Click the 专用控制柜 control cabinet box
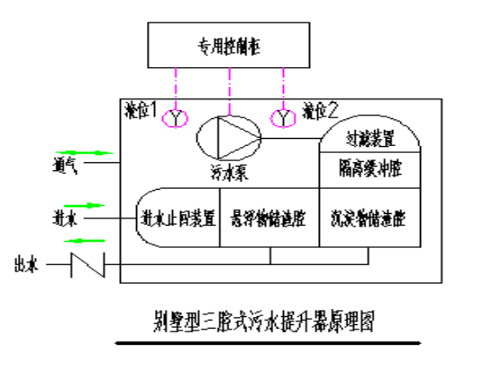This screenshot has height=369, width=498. (229, 47)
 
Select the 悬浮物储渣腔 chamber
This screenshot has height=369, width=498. (268, 217)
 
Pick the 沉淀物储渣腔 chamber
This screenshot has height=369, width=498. (369, 217)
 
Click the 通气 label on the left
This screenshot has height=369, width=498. (65, 165)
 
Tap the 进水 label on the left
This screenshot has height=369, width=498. (65, 218)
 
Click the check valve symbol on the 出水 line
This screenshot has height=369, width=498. (89, 264)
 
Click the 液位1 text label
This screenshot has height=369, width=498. (142, 110)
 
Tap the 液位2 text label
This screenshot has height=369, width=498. (321, 111)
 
